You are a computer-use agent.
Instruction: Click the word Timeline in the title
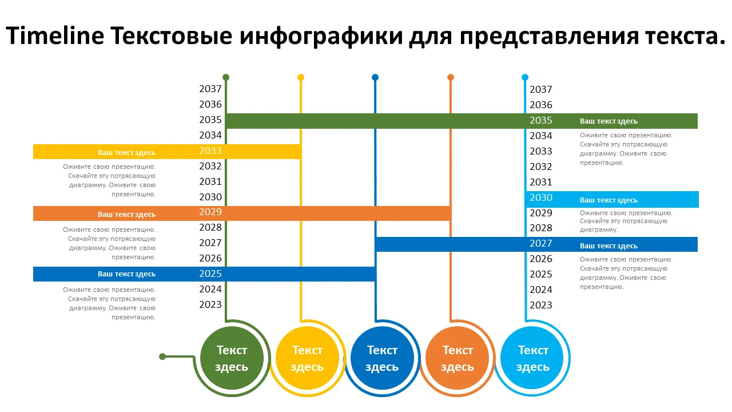(55, 35)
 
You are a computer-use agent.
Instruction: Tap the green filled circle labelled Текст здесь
(232, 358)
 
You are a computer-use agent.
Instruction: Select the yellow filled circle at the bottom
(307, 358)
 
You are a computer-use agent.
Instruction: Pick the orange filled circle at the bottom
(457, 358)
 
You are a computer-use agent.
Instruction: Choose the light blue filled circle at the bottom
(532, 358)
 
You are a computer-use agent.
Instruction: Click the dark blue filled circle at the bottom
(382, 358)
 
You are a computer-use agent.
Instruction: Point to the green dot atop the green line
(226, 77)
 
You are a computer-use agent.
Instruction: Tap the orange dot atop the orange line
(451, 77)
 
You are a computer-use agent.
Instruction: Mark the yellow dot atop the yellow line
(301, 77)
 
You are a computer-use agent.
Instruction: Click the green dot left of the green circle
(162, 356)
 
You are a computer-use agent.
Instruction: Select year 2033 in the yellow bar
(210, 150)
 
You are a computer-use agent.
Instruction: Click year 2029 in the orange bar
(210, 212)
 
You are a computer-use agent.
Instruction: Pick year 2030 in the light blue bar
(541, 197)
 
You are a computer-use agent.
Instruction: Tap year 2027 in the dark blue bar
(541, 243)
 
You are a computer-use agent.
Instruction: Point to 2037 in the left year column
(210, 89)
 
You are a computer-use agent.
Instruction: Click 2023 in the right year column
(541, 305)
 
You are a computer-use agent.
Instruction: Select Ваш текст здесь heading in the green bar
(608, 121)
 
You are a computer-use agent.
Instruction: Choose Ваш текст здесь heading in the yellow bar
(126, 153)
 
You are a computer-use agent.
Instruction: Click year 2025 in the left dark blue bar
(210, 274)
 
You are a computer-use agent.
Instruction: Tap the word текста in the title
(685, 36)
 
